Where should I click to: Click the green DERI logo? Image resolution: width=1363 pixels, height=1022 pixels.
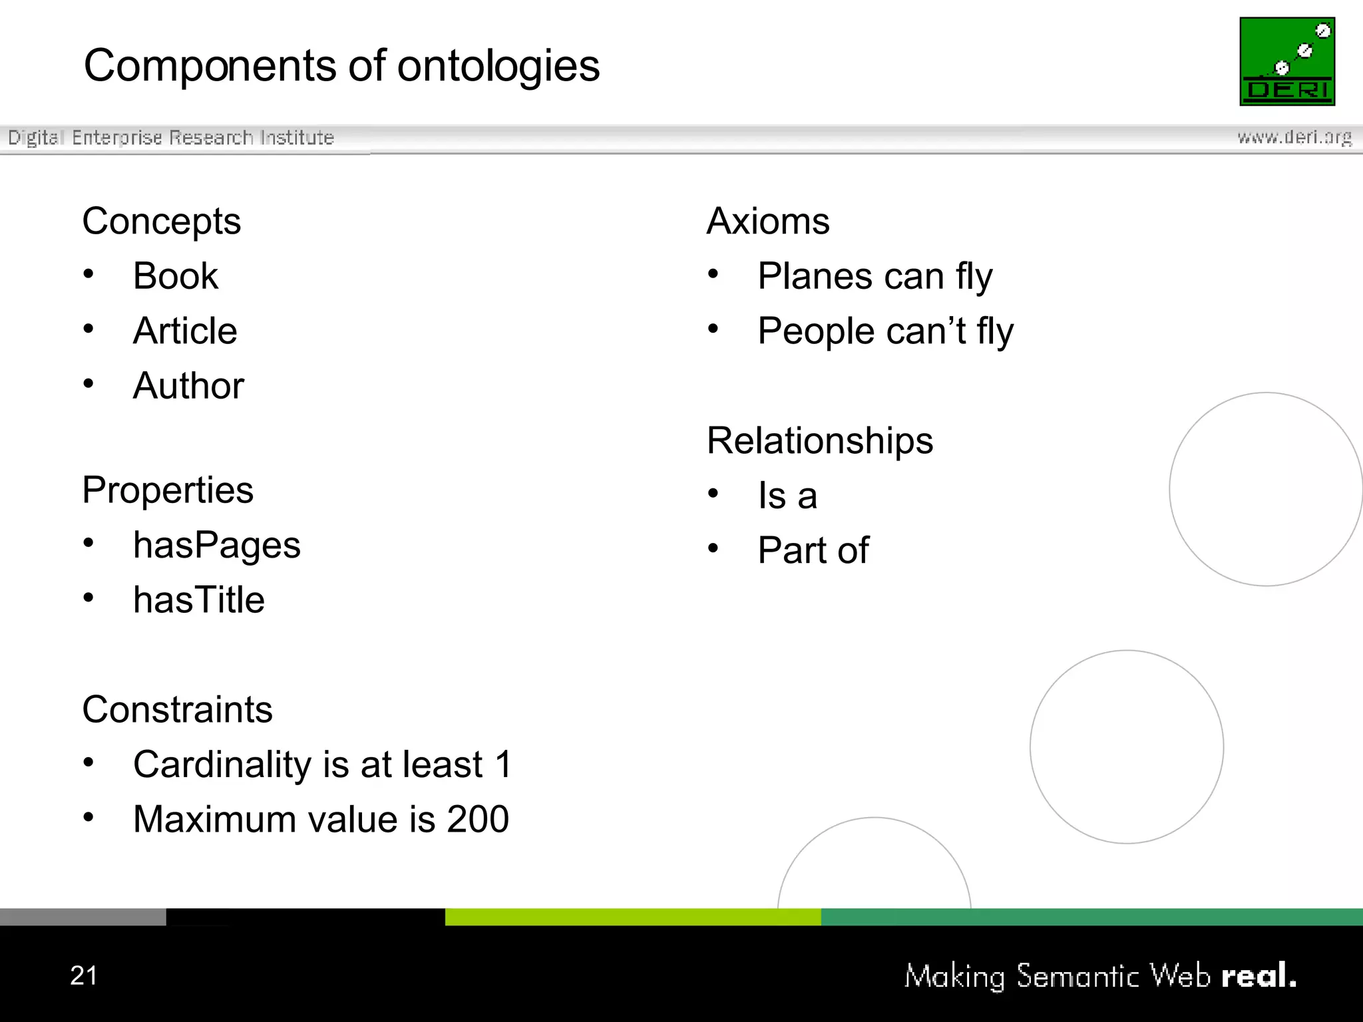pyautogui.click(x=1286, y=61)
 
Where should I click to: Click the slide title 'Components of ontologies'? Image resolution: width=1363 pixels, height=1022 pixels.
pyautogui.click(x=341, y=66)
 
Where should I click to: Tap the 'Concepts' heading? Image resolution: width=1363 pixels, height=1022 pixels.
pyautogui.click(x=161, y=221)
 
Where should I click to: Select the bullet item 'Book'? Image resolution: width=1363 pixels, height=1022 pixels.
pyautogui.click(x=176, y=276)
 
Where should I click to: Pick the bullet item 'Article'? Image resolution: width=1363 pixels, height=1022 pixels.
pyautogui.click(x=185, y=331)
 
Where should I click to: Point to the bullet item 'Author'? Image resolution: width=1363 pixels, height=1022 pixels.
pyautogui.click(x=189, y=386)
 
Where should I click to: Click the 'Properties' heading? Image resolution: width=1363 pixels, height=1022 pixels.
pyautogui.click(x=168, y=490)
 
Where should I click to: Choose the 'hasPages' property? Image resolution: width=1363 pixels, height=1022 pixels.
pyautogui.click(x=216, y=546)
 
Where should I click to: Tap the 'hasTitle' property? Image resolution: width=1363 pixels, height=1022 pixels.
pyautogui.click(x=199, y=600)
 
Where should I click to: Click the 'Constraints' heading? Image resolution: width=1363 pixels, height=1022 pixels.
pyautogui.click(x=177, y=709)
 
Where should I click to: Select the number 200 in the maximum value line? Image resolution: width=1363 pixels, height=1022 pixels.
pyautogui.click(x=477, y=819)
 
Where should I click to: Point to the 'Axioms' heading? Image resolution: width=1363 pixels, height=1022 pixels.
pyautogui.click(x=768, y=221)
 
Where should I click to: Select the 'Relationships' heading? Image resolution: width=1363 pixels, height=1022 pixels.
pyautogui.click(x=820, y=440)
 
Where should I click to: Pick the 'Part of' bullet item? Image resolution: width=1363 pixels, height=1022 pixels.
pyautogui.click(x=813, y=550)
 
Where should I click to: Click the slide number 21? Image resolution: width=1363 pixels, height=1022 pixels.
pyautogui.click(x=84, y=975)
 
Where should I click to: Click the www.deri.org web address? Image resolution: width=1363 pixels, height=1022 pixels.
pyautogui.click(x=1294, y=137)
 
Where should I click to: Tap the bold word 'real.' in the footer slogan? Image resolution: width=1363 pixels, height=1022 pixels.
pyautogui.click(x=1259, y=975)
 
